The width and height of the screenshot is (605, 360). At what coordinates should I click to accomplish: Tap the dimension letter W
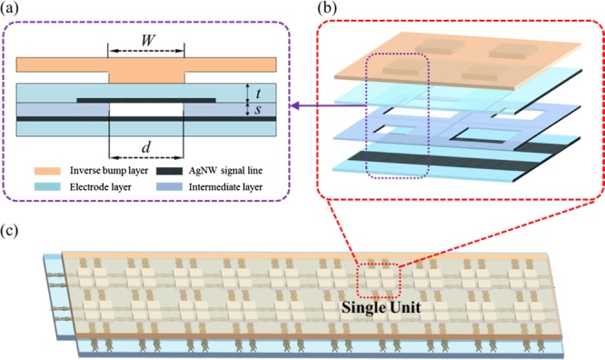coord(145,42)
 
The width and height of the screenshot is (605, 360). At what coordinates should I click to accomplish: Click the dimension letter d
coord(145,149)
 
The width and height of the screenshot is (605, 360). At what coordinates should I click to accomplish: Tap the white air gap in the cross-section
coord(145,109)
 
